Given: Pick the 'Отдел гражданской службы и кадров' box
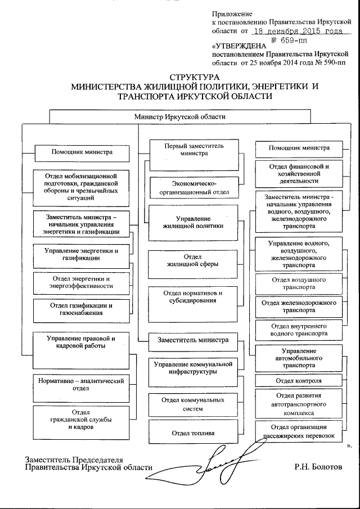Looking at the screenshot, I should coord(81,420).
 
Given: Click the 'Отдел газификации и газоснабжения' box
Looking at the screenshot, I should coord(81,309).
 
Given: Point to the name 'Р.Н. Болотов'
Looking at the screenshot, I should coord(317,467).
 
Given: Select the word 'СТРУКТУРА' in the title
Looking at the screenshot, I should coord(193,78).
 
